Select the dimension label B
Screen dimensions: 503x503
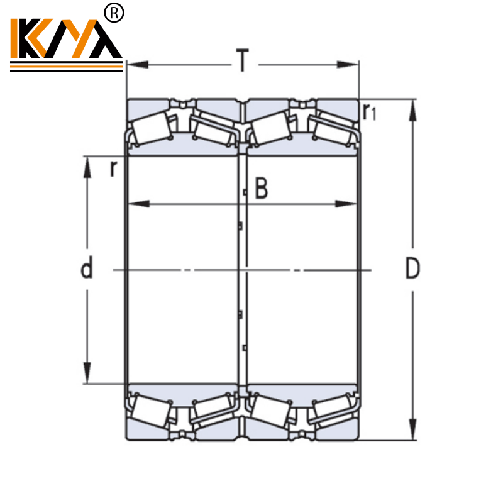[x=261, y=188]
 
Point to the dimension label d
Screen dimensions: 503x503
[x=87, y=268]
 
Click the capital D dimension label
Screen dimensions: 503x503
[x=412, y=268]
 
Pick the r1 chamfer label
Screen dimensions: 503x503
[x=370, y=111]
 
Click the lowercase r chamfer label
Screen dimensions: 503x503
[x=113, y=168]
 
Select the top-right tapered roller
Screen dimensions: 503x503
[x=334, y=129]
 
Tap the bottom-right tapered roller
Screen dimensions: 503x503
[x=334, y=410]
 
